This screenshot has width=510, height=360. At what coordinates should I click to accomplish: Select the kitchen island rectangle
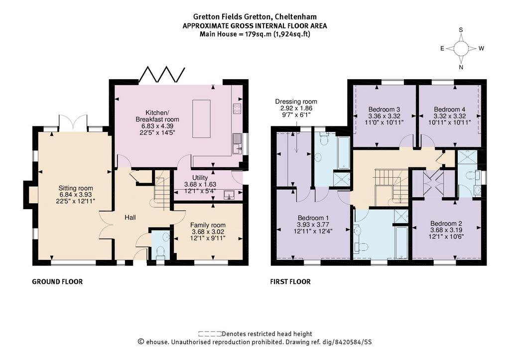pos(201,119)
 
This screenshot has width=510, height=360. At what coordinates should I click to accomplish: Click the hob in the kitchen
pos(237,109)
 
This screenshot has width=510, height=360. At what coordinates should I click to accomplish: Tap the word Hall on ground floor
pos(130,217)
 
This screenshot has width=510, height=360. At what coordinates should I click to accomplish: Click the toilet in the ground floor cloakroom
pos(161,252)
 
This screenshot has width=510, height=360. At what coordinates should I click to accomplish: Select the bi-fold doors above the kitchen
pos(162,75)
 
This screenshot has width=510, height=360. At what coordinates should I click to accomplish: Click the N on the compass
pos(461,67)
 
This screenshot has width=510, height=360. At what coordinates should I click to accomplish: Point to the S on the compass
pos(461,30)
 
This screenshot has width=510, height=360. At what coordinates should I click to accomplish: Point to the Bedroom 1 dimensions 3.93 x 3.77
pos(313,225)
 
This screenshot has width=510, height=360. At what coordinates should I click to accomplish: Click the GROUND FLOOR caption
pos(57,282)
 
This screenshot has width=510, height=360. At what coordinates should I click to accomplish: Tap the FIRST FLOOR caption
pos(290,282)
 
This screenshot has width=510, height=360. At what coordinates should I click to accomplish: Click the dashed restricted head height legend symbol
pos(210,333)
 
